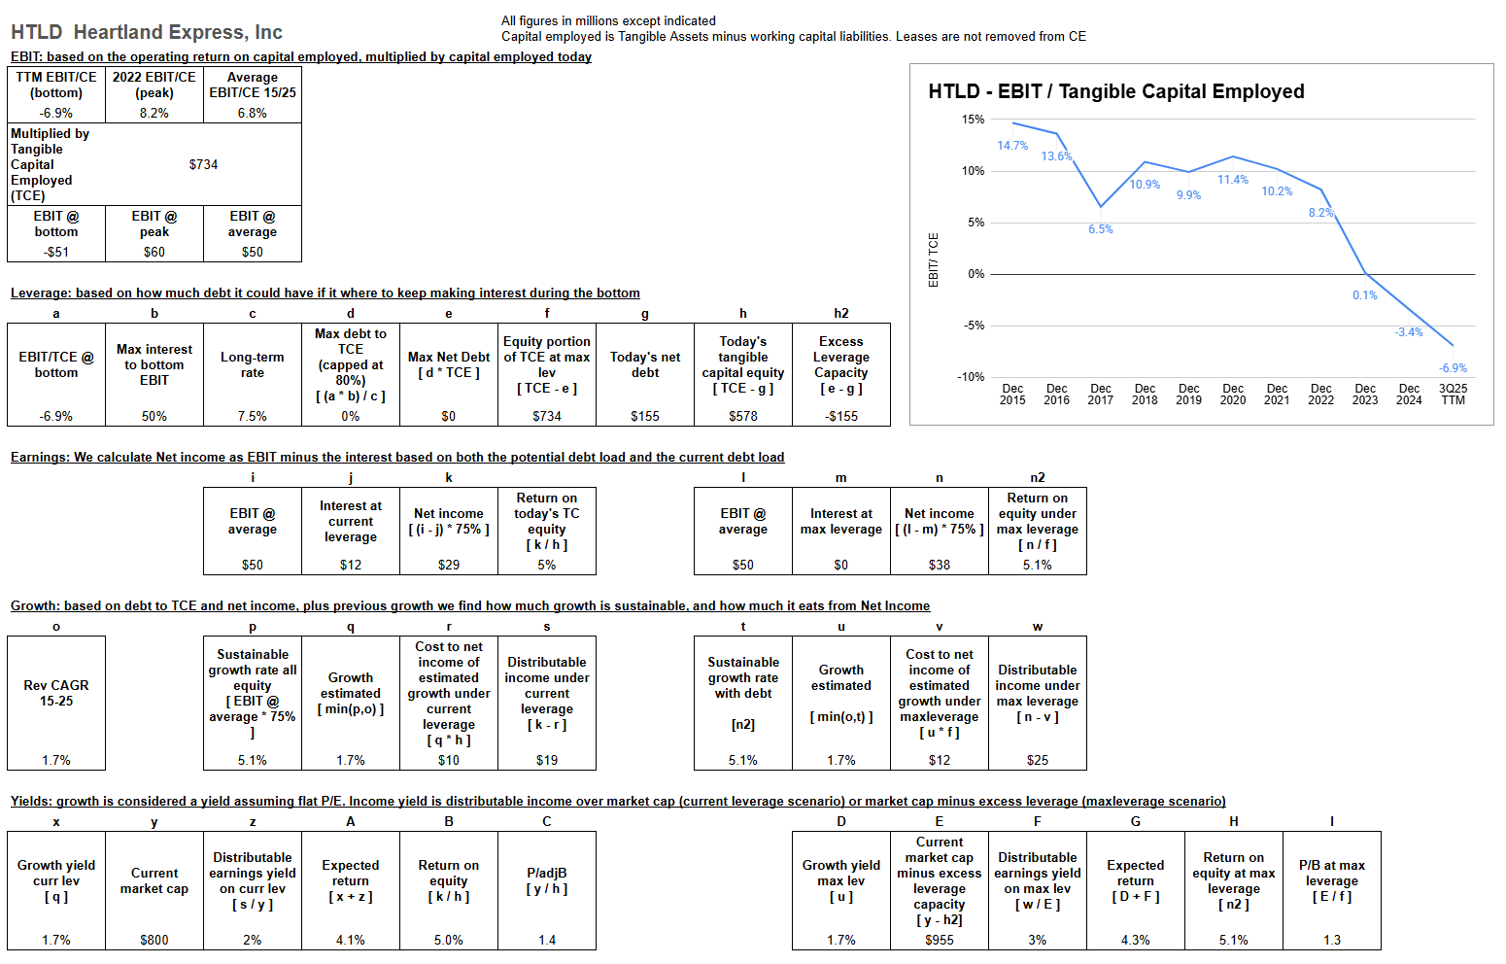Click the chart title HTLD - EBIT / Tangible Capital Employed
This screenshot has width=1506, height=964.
click(1115, 91)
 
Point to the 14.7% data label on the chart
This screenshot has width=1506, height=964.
click(1011, 146)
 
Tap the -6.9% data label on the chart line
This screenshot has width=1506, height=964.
click(1453, 368)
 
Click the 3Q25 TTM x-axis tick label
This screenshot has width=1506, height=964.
click(1453, 394)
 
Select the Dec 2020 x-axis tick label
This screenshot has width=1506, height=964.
click(1233, 394)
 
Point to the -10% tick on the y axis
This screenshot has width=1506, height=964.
click(971, 377)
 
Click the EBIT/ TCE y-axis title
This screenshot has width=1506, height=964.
click(934, 259)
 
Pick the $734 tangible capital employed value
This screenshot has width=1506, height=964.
click(203, 164)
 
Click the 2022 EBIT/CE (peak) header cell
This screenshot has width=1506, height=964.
click(154, 85)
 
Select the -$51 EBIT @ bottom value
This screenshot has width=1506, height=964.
click(56, 252)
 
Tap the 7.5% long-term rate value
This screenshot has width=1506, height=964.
click(253, 416)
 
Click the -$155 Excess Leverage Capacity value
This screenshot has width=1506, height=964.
click(841, 416)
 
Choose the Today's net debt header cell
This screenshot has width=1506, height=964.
click(645, 364)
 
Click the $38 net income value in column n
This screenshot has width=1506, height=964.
click(939, 565)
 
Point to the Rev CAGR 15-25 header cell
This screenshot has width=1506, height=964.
click(56, 693)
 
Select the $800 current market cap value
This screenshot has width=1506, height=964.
click(154, 940)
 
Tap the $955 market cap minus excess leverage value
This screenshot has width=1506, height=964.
click(939, 940)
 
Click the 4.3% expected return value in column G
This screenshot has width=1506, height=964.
click(1135, 940)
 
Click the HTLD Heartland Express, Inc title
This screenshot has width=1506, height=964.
click(147, 32)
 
